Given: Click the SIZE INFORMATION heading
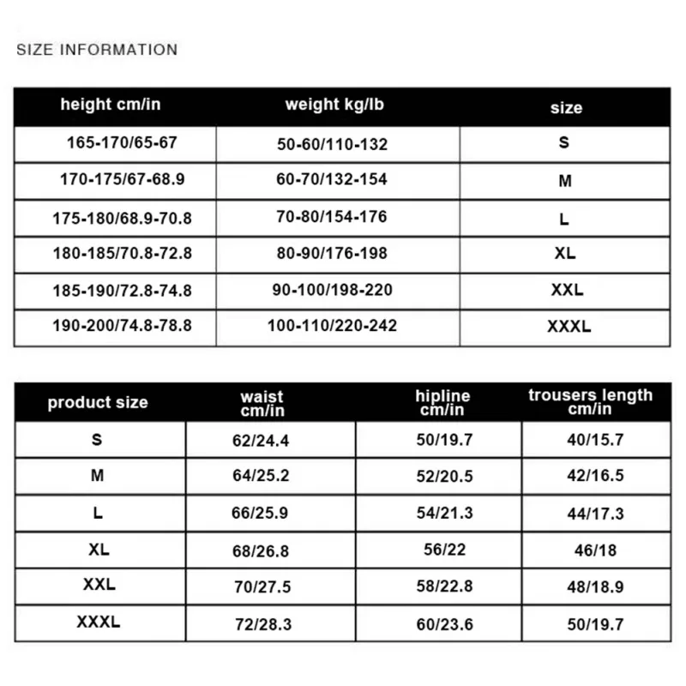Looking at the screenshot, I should click(x=97, y=50).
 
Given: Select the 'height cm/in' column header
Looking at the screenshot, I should click(x=111, y=105).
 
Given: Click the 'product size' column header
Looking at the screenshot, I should click(x=98, y=402).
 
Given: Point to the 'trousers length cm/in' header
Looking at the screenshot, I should click(x=590, y=401).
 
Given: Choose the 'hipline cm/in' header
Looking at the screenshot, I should click(x=442, y=402).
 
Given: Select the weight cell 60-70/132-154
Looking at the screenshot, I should click(x=332, y=179).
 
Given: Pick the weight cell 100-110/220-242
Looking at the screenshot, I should click(x=332, y=326).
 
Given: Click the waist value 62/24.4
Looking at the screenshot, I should click(x=262, y=440).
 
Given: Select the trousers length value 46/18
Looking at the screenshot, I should click(x=596, y=550).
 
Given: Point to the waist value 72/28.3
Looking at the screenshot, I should click(x=263, y=624).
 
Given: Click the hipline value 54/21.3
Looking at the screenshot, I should click(x=444, y=513).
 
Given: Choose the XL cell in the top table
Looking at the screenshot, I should click(x=564, y=253).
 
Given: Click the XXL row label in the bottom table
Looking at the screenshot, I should click(x=99, y=586).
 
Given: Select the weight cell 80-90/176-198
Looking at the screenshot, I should click(x=332, y=253).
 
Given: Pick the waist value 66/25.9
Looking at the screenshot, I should click(x=262, y=513).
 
